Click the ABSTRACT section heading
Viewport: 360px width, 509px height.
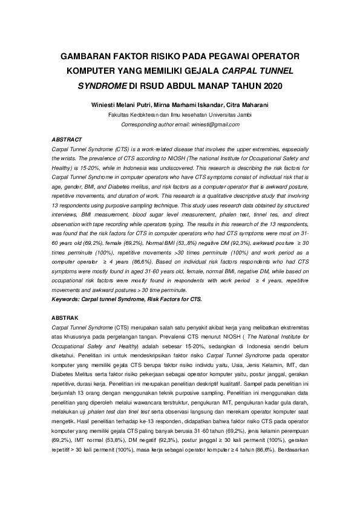[67, 139]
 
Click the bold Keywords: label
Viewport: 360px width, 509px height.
[67, 299]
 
